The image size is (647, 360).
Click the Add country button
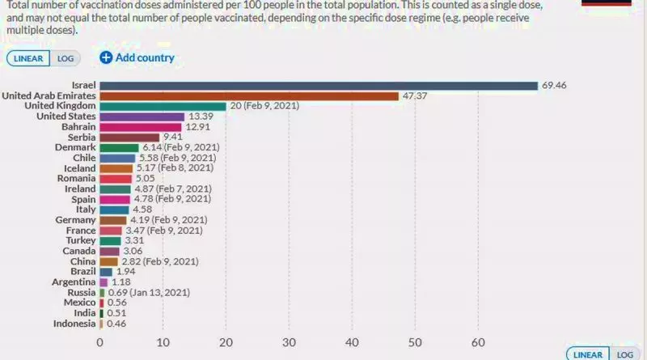(x=137, y=57)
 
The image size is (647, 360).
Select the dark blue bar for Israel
(x=319, y=85)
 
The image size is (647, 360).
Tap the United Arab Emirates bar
(x=249, y=95)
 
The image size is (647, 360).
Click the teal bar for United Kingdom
(x=163, y=106)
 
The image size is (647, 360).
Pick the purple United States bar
(x=142, y=116)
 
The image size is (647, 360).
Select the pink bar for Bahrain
(x=141, y=127)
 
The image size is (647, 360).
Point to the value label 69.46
(x=556, y=85)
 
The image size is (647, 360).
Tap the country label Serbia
(x=81, y=137)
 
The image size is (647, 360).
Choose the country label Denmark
(x=76, y=147)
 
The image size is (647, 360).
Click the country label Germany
(x=76, y=220)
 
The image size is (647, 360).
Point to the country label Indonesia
(x=73, y=324)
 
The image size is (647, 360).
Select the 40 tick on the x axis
(x=352, y=341)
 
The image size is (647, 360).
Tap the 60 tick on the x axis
(x=478, y=341)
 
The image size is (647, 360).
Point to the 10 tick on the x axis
(x=163, y=341)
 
